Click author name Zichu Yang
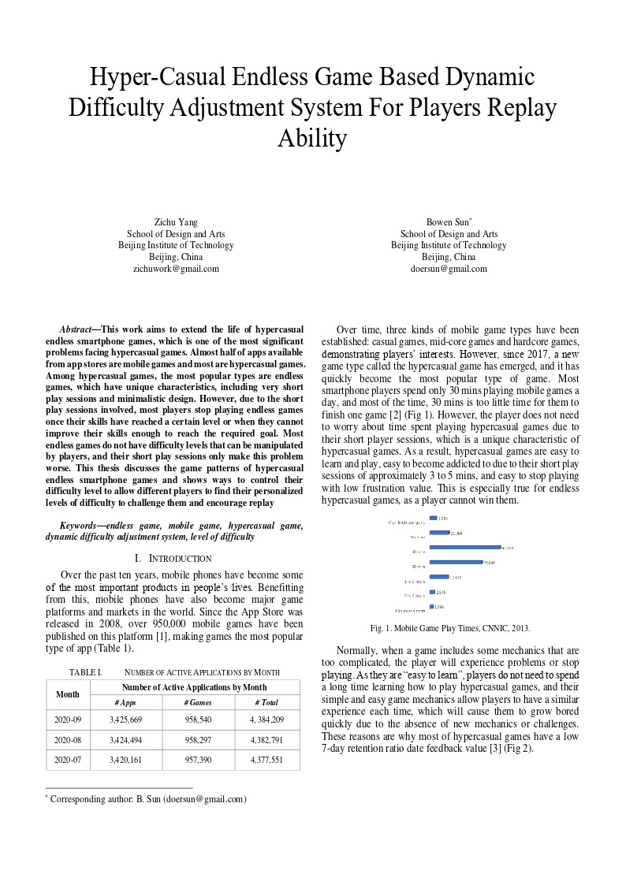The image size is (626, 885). point(176,222)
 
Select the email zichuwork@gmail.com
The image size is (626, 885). point(176,269)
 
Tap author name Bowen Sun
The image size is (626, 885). point(447,222)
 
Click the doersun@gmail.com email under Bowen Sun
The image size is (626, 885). point(449,269)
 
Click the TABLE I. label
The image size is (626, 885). point(86,672)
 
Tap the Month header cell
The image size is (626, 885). point(68,694)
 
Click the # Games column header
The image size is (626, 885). point(198,702)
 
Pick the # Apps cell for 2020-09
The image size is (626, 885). point(126,720)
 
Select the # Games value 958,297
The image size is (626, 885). point(198,740)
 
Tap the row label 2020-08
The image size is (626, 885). point(68,740)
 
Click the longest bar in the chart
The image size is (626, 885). point(465,547)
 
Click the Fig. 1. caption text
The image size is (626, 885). point(449,628)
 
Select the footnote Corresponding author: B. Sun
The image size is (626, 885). point(148,799)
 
